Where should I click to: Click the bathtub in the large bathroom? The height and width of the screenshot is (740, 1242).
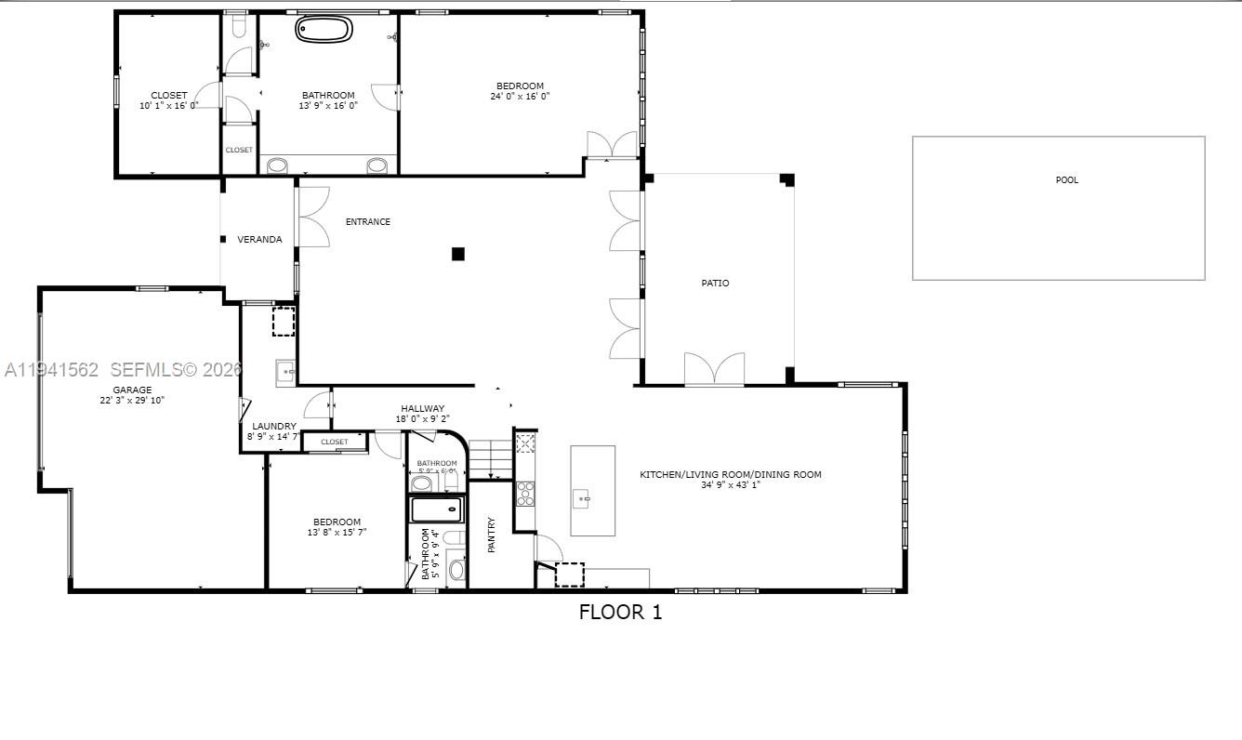coord(324,29)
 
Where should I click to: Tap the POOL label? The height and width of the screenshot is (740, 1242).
coord(1067,180)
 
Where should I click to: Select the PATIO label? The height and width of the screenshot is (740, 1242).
coord(715,283)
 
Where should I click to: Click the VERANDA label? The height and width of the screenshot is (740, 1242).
coord(259,240)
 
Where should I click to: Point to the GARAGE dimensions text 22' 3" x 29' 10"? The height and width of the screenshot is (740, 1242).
coord(133,401)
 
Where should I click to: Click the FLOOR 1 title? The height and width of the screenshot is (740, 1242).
coord(620,612)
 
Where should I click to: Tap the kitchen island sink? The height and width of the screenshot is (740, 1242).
coord(583,499)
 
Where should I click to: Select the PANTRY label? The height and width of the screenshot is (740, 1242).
coord(492,535)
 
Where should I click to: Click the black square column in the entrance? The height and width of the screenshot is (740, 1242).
coord(457,254)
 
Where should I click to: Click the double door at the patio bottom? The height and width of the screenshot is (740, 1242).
coord(714,370)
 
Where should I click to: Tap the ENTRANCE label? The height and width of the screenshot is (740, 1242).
coord(368,222)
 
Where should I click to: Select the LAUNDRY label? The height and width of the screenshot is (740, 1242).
coord(273,427)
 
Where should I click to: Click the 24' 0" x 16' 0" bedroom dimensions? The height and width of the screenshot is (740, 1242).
coord(520,97)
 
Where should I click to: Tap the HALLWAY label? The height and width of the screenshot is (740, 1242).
coord(423,408)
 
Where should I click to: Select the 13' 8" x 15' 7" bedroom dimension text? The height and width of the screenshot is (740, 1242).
coord(337,533)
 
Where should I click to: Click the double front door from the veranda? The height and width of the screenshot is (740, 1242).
coord(313,218)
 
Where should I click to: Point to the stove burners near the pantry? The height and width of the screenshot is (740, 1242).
coord(526,494)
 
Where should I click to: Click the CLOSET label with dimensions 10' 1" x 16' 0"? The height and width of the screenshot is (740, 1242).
coord(168,96)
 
